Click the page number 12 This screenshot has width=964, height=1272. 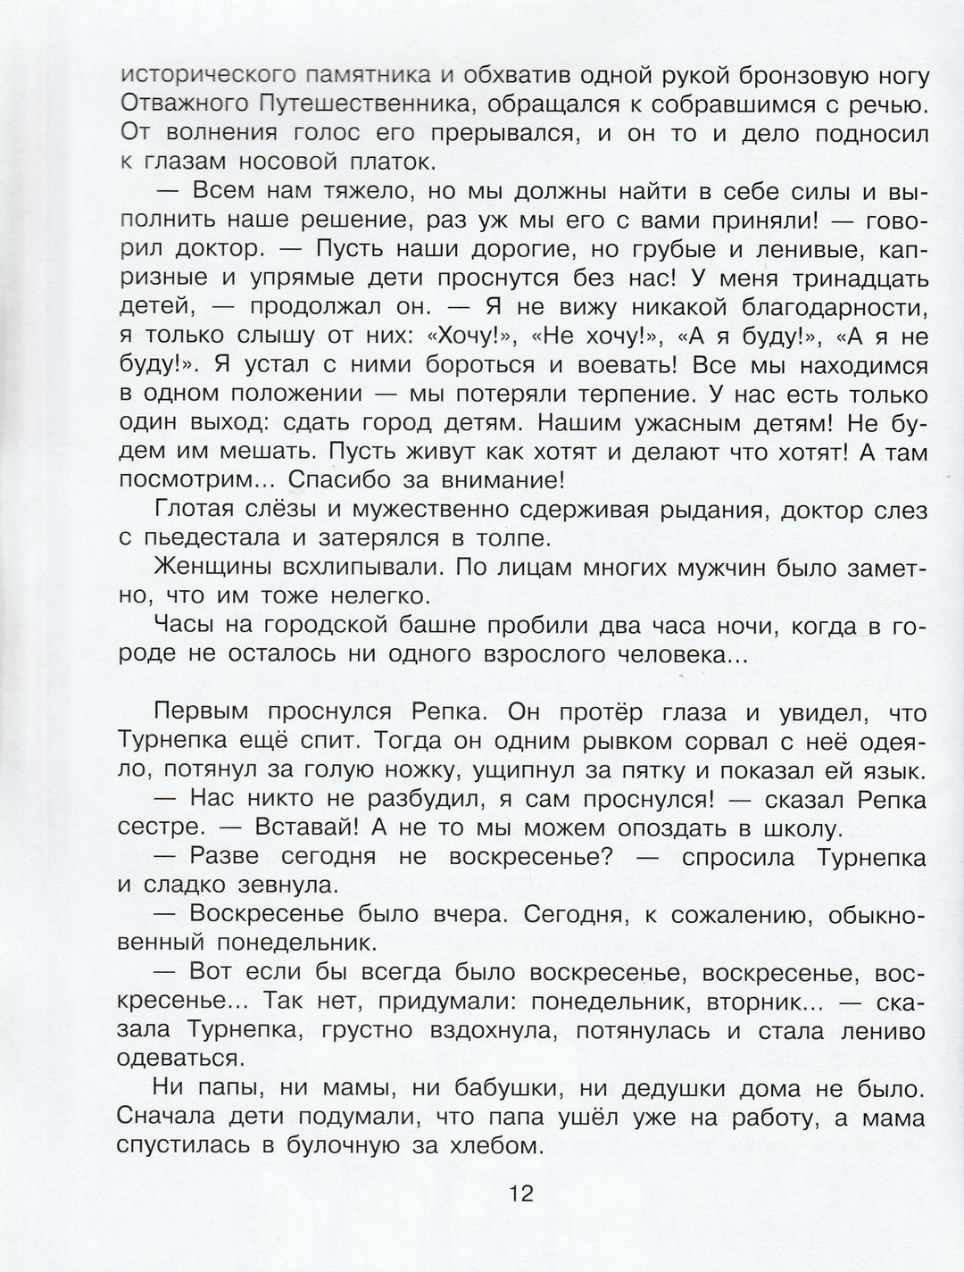[x=520, y=1193]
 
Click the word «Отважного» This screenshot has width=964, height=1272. [x=183, y=105]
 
